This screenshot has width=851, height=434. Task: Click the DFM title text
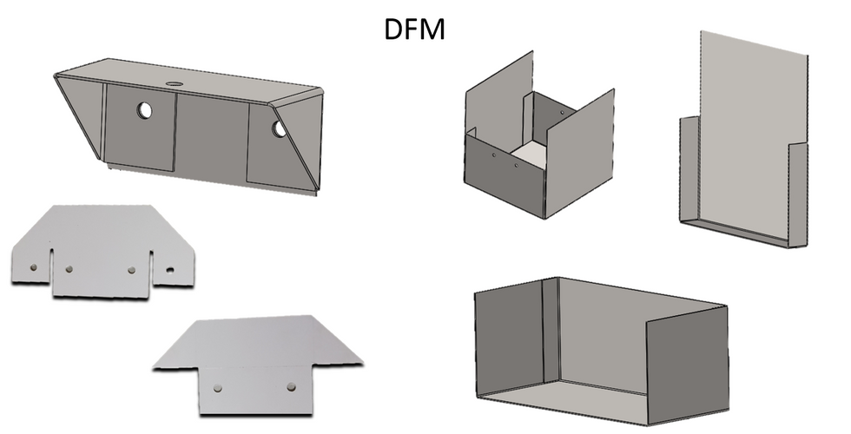(415, 30)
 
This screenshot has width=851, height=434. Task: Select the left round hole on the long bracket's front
(144, 111)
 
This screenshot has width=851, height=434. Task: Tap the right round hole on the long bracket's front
(279, 128)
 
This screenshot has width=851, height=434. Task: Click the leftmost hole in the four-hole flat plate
(34, 267)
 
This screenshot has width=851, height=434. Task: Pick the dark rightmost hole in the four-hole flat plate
(170, 270)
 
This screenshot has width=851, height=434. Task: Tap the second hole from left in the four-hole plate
(69, 269)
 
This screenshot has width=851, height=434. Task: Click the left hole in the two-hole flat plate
(218, 388)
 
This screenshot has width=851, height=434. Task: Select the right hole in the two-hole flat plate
(292, 387)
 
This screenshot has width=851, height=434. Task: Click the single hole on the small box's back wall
(562, 113)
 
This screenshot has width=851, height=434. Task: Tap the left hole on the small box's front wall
(494, 155)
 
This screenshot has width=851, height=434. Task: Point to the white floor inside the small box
(529, 155)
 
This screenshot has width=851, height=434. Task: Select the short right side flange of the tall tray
(798, 194)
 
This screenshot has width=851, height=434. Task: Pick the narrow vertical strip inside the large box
(551, 331)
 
